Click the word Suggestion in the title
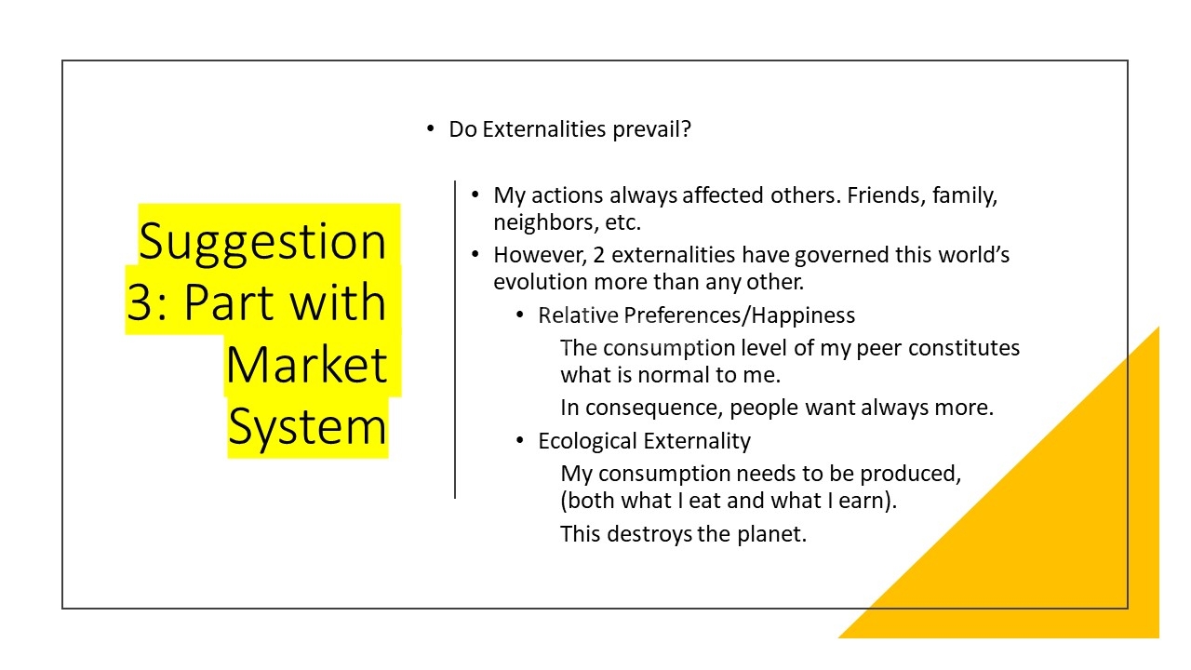click(x=262, y=242)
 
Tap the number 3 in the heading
click(x=141, y=301)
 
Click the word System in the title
click(x=307, y=426)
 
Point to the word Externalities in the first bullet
click(x=544, y=129)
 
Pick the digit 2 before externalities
click(x=598, y=255)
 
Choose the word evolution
click(x=541, y=282)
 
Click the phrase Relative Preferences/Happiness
click(x=697, y=315)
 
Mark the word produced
click(x=910, y=475)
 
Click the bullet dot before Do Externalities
click(x=430, y=128)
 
